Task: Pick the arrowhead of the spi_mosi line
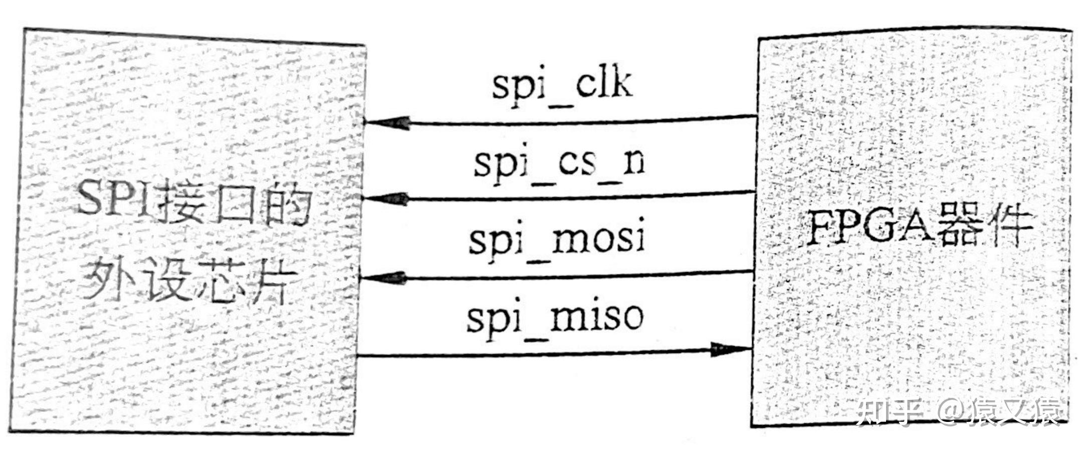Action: click(x=383, y=278)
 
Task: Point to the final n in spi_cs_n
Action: click(x=633, y=163)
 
